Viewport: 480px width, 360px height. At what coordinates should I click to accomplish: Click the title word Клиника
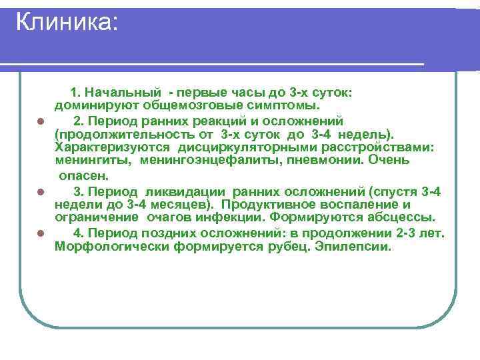tap(65, 23)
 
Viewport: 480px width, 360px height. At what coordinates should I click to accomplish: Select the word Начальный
tap(124, 91)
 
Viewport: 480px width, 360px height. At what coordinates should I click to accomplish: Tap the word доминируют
tap(88, 105)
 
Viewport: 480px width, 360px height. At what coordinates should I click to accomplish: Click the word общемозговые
tap(167, 105)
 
